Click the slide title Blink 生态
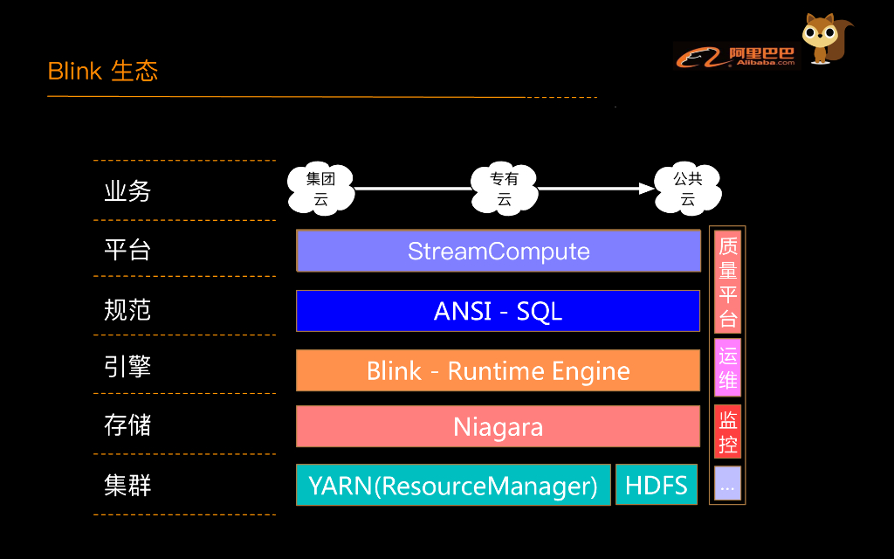[x=103, y=71]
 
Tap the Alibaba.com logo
[x=736, y=56]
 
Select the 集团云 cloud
[x=320, y=189]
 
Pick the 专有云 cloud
[x=504, y=189]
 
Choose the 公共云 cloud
[x=687, y=189]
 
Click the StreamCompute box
[x=499, y=252]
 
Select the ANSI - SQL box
[x=499, y=311]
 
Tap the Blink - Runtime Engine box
[x=499, y=370]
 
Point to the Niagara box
[x=499, y=426]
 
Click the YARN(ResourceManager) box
[x=453, y=485]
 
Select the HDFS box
[x=657, y=485]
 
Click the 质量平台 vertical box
[x=727, y=281]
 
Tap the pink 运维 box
[x=727, y=368]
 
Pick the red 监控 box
[x=727, y=431]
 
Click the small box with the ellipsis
[x=727, y=484]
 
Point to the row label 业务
[x=127, y=191]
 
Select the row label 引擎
[x=127, y=366]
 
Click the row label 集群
[x=127, y=485]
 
